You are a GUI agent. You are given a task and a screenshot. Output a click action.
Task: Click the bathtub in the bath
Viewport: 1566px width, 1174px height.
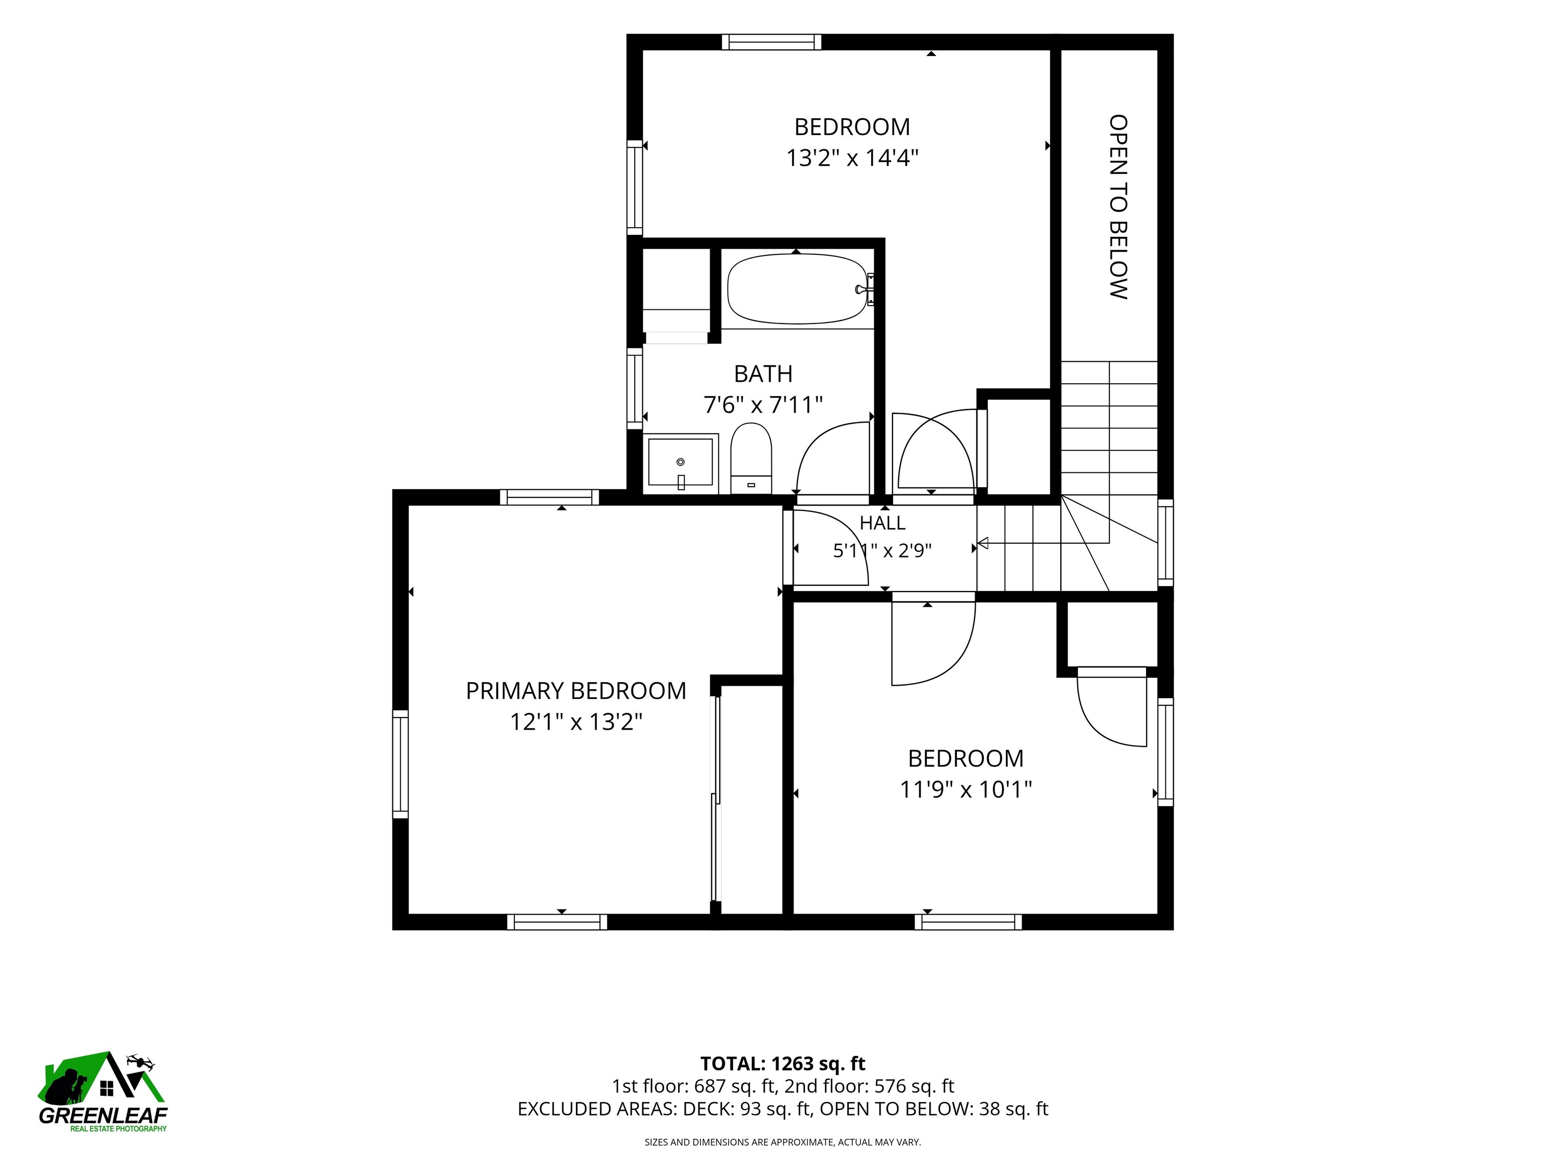(x=798, y=289)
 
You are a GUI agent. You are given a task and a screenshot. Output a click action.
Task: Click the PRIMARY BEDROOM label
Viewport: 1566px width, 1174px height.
(x=576, y=690)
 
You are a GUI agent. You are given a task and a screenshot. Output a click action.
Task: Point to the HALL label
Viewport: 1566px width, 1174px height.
(x=882, y=523)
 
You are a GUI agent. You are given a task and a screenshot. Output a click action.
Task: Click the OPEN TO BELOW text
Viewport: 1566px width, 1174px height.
(x=1118, y=207)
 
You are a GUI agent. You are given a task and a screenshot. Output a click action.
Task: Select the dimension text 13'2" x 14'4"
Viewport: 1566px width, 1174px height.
(x=852, y=158)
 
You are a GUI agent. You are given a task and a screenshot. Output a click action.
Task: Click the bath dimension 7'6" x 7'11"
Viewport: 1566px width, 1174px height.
(x=763, y=405)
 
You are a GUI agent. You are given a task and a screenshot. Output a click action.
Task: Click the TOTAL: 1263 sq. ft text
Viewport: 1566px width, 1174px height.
(x=782, y=1063)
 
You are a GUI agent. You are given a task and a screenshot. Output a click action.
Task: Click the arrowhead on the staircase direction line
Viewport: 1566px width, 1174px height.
(x=983, y=544)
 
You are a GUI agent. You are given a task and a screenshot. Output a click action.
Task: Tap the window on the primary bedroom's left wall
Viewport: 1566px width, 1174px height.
(x=400, y=764)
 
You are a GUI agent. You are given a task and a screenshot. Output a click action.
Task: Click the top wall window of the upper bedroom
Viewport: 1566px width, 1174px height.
(x=772, y=42)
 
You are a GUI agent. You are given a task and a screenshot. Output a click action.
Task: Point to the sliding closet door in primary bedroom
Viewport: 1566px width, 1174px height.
(x=716, y=799)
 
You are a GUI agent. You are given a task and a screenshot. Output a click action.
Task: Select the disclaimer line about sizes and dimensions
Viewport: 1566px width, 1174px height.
(x=782, y=1141)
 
